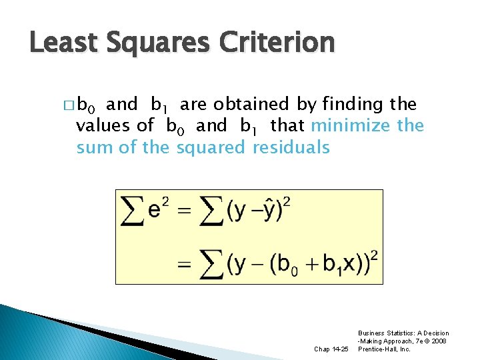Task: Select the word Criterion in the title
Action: pyautogui.click(x=283, y=43)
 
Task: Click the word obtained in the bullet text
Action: pyautogui.click(x=249, y=105)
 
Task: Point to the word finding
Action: pyautogui.click(x=353, y=105)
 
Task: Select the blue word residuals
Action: pyautogui.click(x=291, y=147)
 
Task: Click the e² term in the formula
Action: pyautogui.click(x=157, y=209)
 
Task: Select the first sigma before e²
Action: pyautogui.click(x=131, y=211)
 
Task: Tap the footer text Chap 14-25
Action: pyautogui.click(x=331, y=349)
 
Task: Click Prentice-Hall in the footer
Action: pyautogui.click(x=387, y=349)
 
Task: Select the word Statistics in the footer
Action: pyautogui.click(x=399, y=333)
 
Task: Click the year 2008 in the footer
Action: pyautogui.click(x=439, y=341)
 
